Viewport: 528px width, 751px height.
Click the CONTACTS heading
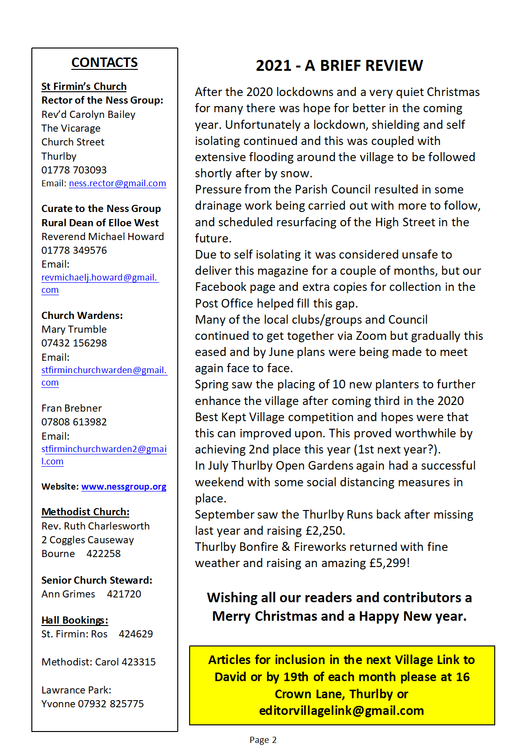[x=105, y=63]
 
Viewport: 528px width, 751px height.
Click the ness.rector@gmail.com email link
[x=117, y=183]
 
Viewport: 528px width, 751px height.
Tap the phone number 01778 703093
[x=74, y=170]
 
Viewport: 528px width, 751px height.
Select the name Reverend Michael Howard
[x=103, y=237]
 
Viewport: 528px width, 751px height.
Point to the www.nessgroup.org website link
[x=124, y=487]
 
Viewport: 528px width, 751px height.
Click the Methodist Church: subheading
[x=86, y=512]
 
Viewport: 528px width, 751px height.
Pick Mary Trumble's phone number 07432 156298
[x=74, y=343]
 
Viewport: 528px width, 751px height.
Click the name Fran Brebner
[x=72, y=408]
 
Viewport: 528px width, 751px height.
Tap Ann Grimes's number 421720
[x=124, y=594]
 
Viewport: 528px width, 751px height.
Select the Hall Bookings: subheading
[x=75, y=620]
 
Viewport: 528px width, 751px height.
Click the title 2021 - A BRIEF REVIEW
[x=339, y=66]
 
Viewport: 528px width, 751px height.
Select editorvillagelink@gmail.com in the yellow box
[x=341, y=711]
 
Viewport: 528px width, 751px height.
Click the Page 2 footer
[x=263, y=740]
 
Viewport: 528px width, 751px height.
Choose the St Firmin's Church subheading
[x=84, y=87]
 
